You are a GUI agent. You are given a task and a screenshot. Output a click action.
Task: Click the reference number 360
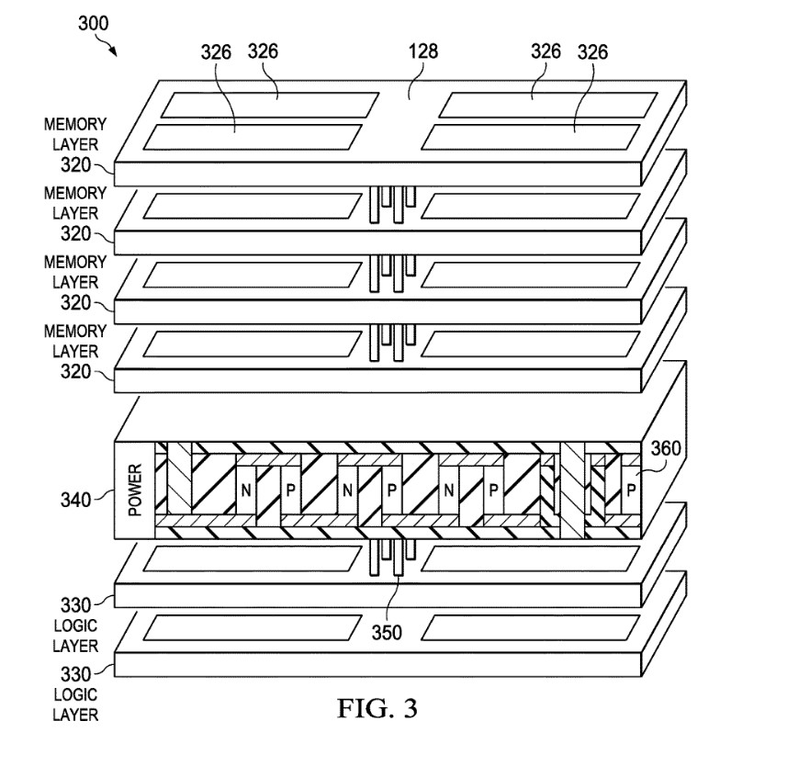(x=666, y=449)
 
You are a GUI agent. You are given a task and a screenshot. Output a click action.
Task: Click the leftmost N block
(x=246, y=490)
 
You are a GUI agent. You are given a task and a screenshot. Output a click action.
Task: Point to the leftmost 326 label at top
(x=217, y=52)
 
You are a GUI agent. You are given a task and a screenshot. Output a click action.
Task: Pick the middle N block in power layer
(x=347, y=490)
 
